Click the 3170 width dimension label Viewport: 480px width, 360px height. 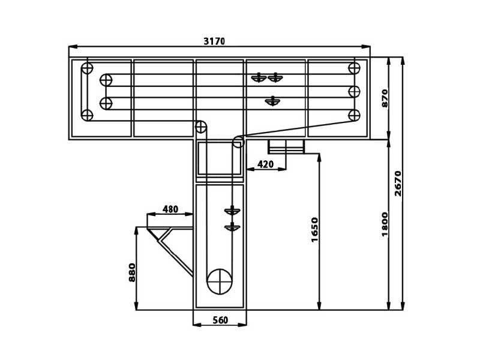214,41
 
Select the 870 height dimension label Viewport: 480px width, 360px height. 385,98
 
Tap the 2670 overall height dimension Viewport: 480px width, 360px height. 398,184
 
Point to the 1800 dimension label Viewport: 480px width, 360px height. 385,224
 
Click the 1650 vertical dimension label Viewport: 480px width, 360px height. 314,230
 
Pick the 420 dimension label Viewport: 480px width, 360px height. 265,164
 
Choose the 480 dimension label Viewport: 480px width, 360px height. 170,209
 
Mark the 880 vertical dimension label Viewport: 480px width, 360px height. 132,272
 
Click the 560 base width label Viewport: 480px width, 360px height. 220,320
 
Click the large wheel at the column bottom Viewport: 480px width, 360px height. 220,281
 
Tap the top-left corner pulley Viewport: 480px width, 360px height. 87,68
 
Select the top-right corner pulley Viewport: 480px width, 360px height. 354,68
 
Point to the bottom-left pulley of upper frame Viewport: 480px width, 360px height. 87,115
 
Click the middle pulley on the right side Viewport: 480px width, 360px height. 354,92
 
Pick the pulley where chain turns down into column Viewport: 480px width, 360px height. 201,127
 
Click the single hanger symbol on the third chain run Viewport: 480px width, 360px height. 272,101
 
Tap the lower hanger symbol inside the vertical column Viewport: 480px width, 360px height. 232,227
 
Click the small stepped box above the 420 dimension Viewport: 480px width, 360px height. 286,146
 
